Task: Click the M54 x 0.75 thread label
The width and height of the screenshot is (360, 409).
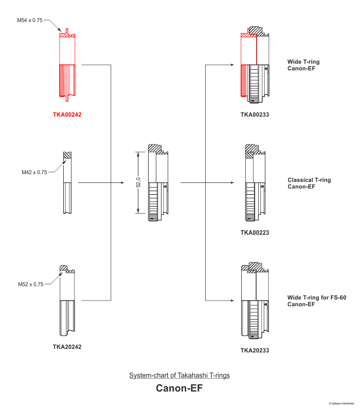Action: click(x=30, y=20)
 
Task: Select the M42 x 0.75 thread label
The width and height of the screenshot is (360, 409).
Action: click(x=34, y=172)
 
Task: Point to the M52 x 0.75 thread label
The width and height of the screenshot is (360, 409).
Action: click(x=31, y=284)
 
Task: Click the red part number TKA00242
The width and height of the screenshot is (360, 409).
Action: click(x=67, y=115)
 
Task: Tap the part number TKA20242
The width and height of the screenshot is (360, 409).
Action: click(x=67, y=347)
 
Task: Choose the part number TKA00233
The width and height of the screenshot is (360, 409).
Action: click(x=255, y=115)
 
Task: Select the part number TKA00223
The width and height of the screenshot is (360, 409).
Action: click(x=255, y=233)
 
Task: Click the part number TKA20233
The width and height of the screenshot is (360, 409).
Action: click(x=255, y=350)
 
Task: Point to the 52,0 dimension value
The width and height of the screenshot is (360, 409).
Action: click(x=138, y=182)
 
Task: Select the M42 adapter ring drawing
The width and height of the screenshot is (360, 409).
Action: click(x=67, y=182)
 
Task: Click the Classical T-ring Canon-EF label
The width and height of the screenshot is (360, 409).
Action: click(x=309, y=183)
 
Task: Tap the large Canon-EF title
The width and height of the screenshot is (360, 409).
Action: click(x=179, y=388)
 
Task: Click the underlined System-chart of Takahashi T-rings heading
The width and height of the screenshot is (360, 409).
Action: click(x=179, y=376)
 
